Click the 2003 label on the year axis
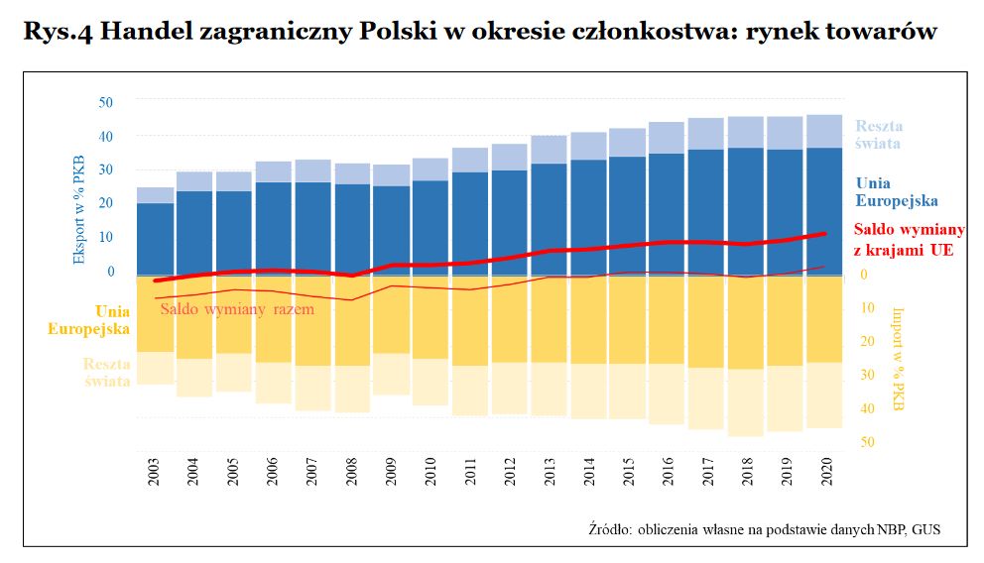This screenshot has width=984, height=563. click(155, 474)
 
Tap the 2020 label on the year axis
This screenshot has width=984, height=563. click(824, 474)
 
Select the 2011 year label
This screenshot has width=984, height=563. click(470, 474)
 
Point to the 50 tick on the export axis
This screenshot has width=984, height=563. click(106, 101)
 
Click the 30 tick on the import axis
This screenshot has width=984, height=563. click(866, 375)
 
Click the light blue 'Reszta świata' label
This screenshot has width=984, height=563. click(879, 134)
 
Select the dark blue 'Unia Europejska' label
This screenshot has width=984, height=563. click(896, 191)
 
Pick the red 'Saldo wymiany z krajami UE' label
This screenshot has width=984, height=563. click(909, 240)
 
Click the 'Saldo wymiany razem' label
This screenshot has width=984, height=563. click(237, 309)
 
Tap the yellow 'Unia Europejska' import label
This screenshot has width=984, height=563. click(89, 319)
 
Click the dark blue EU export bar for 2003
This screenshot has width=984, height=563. click(155, 238)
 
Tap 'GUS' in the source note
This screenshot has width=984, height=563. click(925, 530)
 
